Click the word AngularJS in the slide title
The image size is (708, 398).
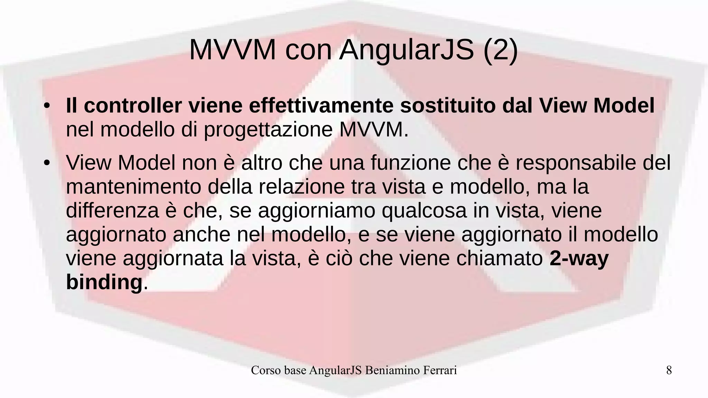[407, 50]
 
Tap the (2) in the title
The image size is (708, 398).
[501, 50]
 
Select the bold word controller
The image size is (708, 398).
[133, 106]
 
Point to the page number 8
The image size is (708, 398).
[669, 370]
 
